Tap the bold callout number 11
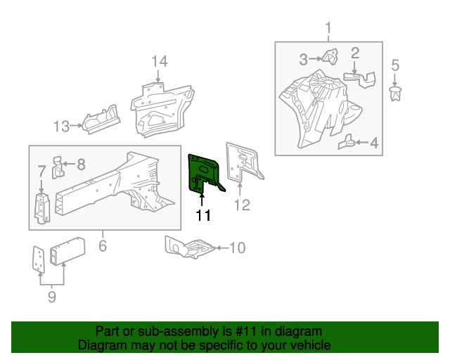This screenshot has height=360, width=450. click(x=203, y=215)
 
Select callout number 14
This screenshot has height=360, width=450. click(x=160, y=62)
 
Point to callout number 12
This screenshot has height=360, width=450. click(x=242, y=205)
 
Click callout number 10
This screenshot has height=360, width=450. click(x=238, y=247)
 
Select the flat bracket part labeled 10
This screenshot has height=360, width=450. click(x=189, y=247)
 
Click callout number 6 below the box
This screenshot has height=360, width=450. click(x=103, y=245)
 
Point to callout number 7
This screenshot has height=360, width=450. click(x=41, y=171)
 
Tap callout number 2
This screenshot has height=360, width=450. click(x=355, y=53)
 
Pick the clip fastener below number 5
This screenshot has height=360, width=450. click(x=395, y=94)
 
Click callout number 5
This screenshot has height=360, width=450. click(x=395, y=65)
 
